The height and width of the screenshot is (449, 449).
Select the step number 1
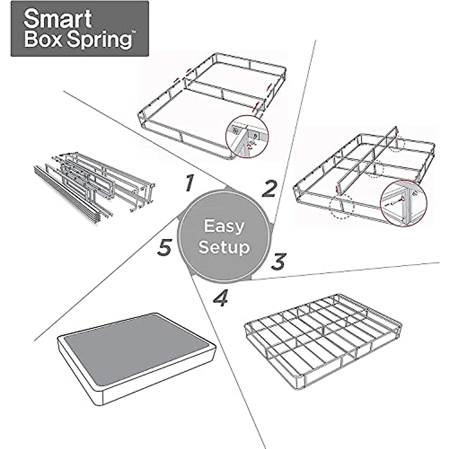tap(189, 183)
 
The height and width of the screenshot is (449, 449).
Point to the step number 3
tap(278, 262)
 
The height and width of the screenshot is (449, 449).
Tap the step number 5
tap(164, 248)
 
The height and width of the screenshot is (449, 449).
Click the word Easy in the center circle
tap(224, 226)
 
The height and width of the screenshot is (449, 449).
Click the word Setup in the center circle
tap(224, 247)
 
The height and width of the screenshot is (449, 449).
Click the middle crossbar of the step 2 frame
tap(224, 90)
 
